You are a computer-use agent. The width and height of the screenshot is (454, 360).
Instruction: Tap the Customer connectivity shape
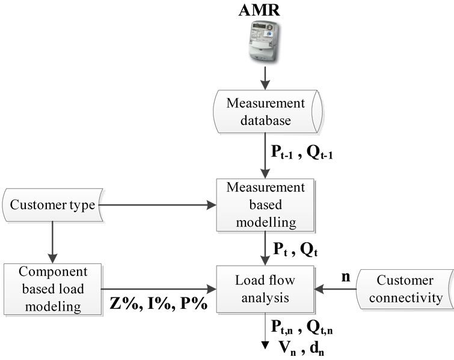(x=406, y=288)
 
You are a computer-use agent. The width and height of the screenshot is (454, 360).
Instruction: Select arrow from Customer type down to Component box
(x=53, y=240)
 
